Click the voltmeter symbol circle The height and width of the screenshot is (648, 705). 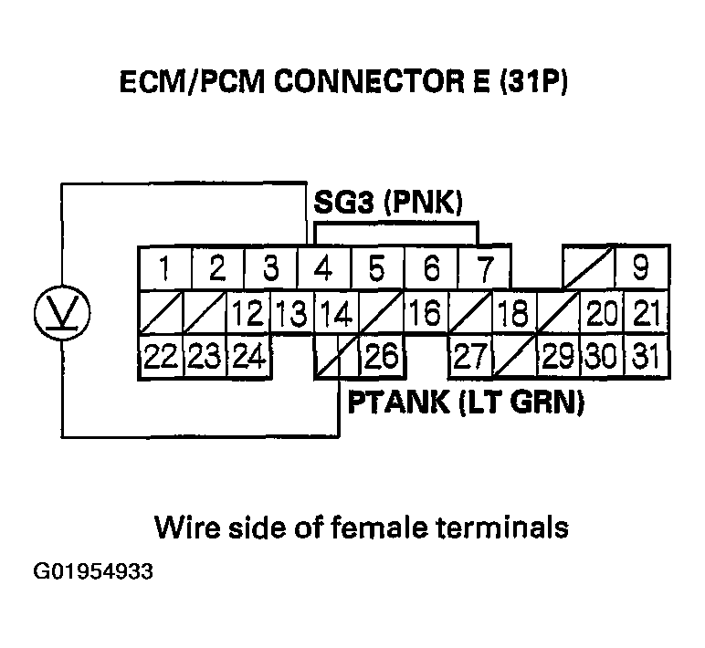tap(61, 312)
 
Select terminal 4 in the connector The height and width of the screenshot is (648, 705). tap(322, 269)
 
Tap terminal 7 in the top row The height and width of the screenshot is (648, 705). tap(484, 269)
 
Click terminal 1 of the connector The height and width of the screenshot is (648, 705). tap(163, 269)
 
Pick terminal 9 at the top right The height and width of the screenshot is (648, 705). tap(641, 269)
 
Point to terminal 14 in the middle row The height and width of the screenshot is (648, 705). tap(334, 315)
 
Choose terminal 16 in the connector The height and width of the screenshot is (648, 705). tap(426, 315)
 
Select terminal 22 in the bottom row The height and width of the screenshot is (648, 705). tap(161, 357)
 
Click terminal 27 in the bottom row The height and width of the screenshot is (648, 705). tap(470, 357)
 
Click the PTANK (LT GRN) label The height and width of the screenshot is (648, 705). tap(466, 402)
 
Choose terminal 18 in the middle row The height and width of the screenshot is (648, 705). tap(513, 315)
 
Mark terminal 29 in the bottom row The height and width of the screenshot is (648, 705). tap(557, 357)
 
